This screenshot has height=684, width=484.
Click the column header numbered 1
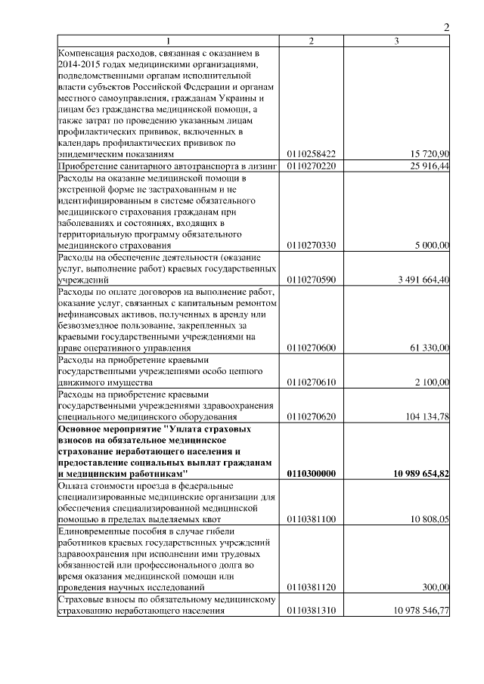pos(169,40)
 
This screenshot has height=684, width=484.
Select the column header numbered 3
pos(396,40)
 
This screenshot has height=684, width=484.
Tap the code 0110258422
pos(312,153)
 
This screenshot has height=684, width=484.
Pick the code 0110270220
pos(312,165)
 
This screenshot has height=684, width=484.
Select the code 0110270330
pos(312,246)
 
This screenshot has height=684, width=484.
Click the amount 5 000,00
pos(433,246)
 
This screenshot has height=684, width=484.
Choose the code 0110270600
pos(312,348)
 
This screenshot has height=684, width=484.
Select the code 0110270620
pos(312,416)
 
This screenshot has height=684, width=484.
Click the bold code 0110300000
pos(312,473)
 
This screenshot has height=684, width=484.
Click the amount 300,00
pos(436,587)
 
